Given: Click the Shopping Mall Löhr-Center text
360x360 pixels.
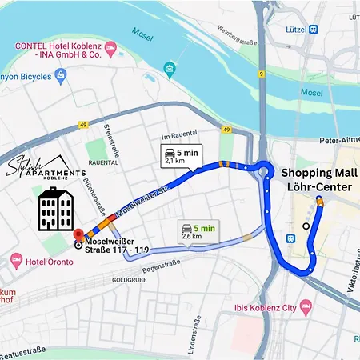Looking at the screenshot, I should [x=318, y=180].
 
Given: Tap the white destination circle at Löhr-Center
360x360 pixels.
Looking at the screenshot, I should [x=306, y=226].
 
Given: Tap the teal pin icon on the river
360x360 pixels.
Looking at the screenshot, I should [x=170, y=70].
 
